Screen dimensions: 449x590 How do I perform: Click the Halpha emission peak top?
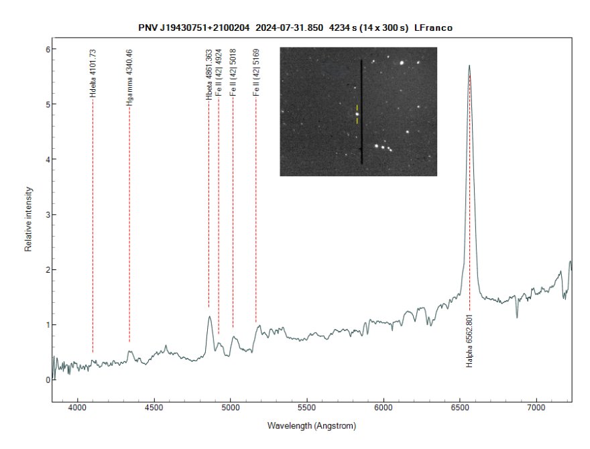click(x=469, y=66)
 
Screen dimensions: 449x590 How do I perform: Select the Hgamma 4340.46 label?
click(x=129, y=78)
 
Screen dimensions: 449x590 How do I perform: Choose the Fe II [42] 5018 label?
click(x=233, y=76)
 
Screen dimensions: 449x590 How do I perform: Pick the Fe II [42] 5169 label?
click(x=255, y=76)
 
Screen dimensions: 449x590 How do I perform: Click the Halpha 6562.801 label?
click(x=470, y=340)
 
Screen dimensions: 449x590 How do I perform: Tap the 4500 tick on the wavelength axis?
click(x=154, y=407)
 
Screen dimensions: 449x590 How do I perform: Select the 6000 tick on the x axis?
click(x=383, y=407)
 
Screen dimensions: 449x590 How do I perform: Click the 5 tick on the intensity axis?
click(x=48, y=105)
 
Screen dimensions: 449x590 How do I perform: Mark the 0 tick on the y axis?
click(x=48, y=380)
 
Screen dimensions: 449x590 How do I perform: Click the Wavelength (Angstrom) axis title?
click(x=311, y=426)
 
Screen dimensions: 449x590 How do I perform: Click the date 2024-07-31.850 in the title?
click(x=286, y=27)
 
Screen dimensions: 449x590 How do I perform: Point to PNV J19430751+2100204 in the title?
click(x=194, y=27)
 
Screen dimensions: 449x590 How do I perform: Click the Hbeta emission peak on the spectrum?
click(x=210, y=317)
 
